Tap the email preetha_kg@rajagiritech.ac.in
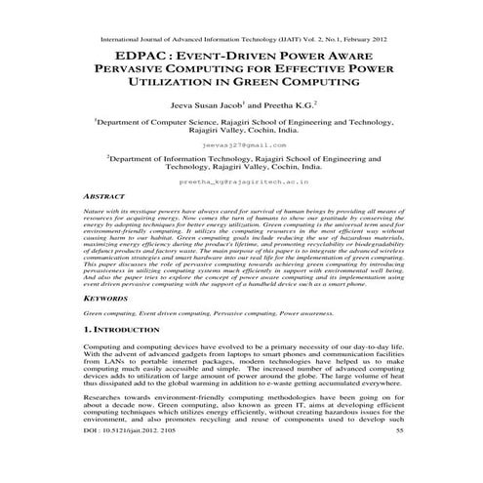[x=244, y=181]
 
